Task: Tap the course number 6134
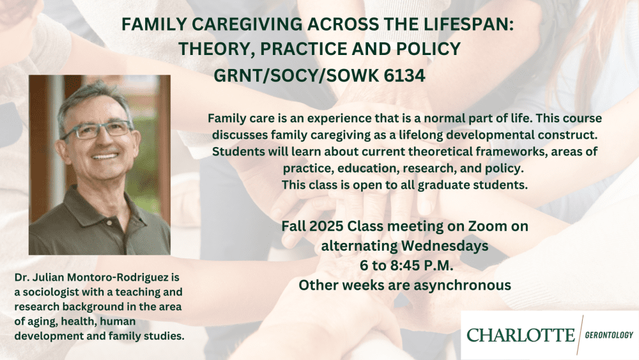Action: [x=404, y=75]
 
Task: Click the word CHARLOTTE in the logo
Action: [x=520, y=335]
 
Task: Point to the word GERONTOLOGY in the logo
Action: [x=609, y=335]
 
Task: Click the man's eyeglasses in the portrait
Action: [x=98, y=130]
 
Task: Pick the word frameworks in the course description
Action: [x=505, y=152]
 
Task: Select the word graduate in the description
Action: [x=443, y=185]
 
